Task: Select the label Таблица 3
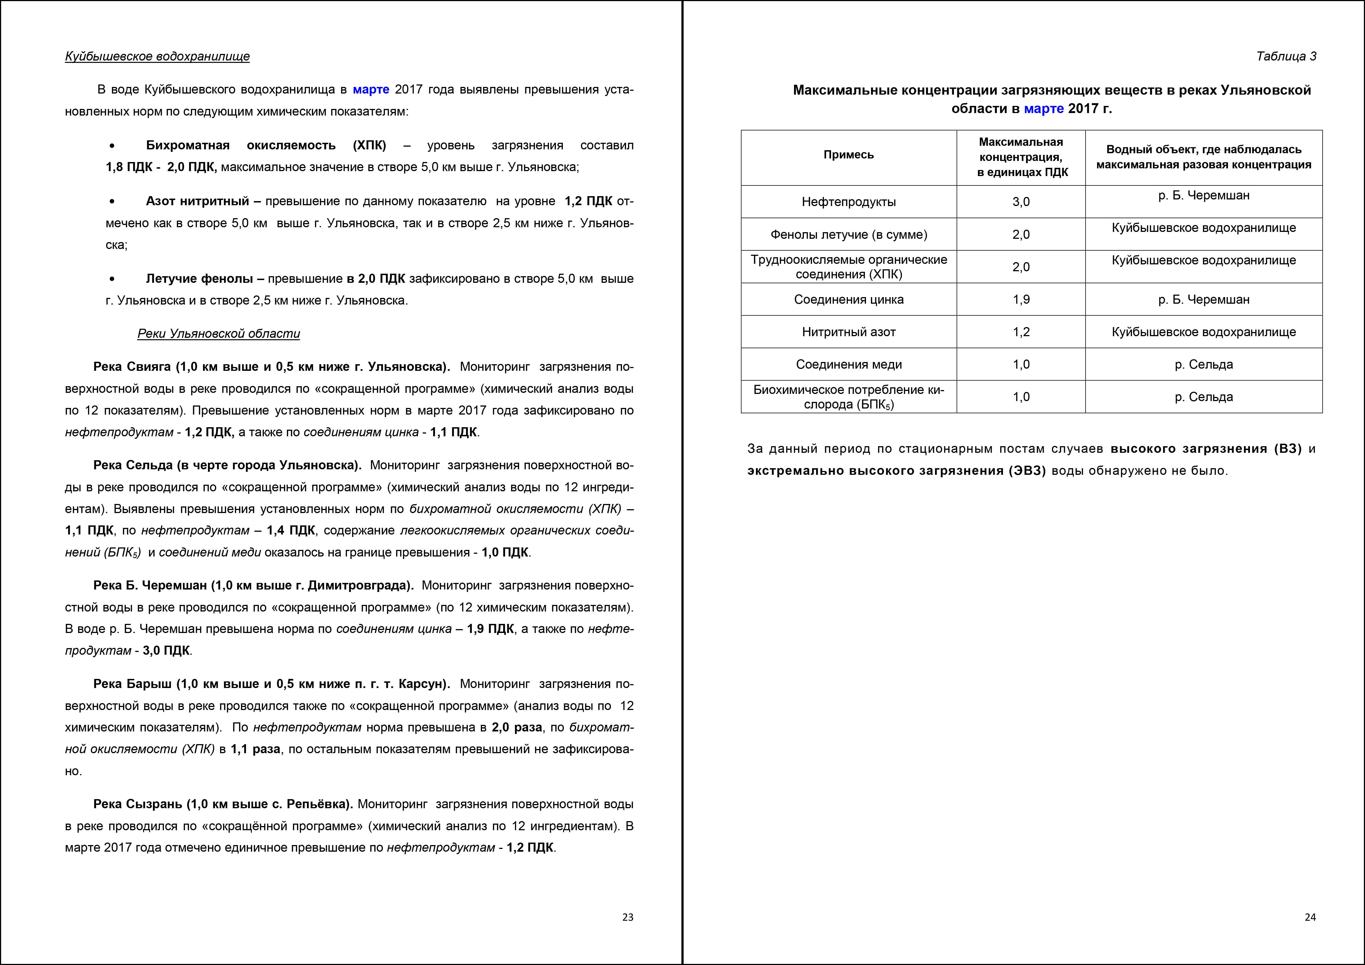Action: (1286, 56)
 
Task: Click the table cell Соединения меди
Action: (848, 364)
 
